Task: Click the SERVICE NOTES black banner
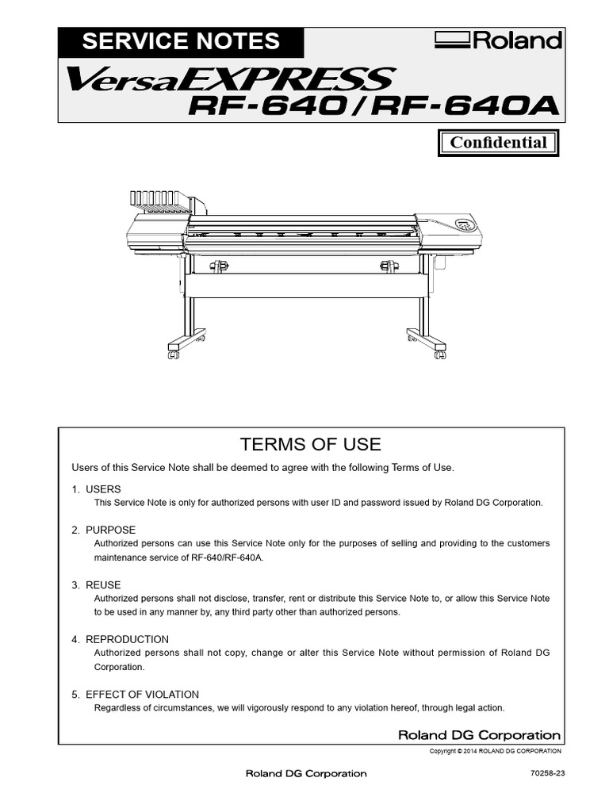point(181,41)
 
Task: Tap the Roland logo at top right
point(498,41)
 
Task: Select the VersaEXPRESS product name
point(230,79)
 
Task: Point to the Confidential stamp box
point(498,143)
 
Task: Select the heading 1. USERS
point(96,490)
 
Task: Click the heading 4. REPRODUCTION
point(120,639)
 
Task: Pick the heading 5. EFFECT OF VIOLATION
point(135,695)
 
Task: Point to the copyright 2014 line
point(495,751)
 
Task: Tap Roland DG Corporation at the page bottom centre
point(306,773)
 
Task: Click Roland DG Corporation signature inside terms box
point(479,735)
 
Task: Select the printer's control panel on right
point(463,224)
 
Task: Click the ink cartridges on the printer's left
point(159,201)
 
